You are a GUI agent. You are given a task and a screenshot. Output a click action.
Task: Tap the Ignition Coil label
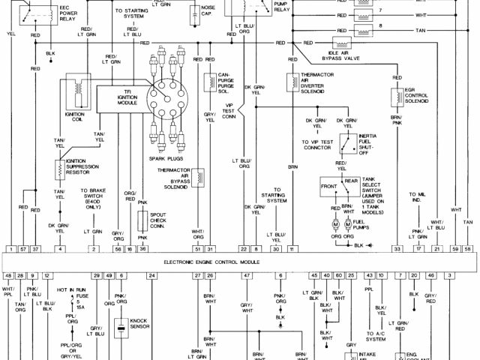tap(75, 119)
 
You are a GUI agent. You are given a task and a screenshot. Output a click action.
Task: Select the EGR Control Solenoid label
tap(418, 97)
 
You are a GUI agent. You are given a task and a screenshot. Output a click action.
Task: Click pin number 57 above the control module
tap(22, 247)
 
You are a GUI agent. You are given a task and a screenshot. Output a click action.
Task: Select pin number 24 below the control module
tap(152, 276)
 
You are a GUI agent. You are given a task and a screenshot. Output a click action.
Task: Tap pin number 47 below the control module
tap(245, 276)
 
